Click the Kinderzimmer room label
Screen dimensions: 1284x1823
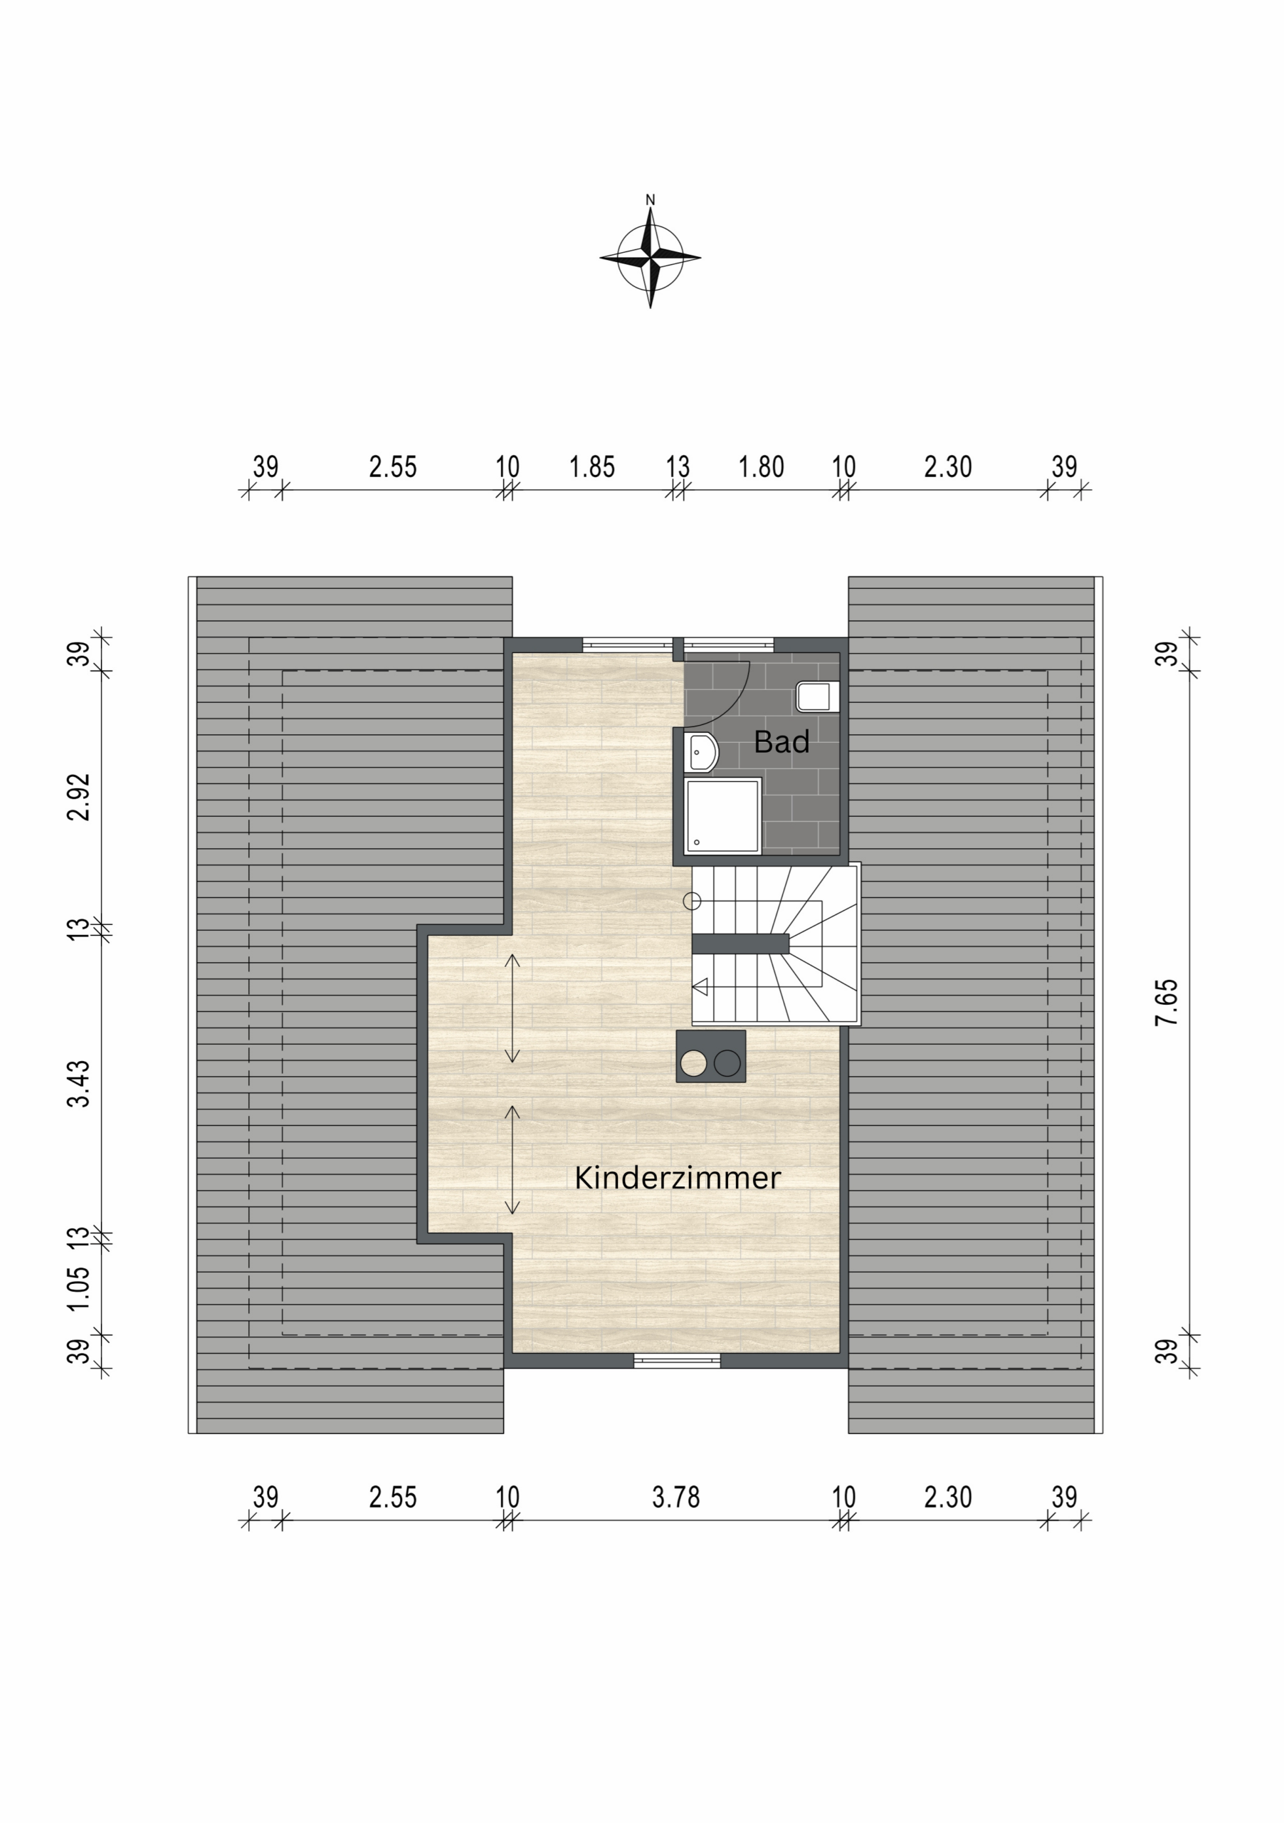click(x=677, y=1178)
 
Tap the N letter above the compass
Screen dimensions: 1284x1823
click(x=650, y=200)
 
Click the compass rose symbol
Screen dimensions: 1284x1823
click(x=650, y=257)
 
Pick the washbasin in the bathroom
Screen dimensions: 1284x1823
click(x=701, y=752)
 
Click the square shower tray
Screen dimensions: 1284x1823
click(x=723, y=816)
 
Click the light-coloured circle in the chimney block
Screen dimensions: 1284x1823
click(x=693, y=1063)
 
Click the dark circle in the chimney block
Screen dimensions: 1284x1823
click(x=727, y=1063)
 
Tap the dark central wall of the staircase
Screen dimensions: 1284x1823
click(x=740, y=944)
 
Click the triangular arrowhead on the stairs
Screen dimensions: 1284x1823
click(x=700, y=988)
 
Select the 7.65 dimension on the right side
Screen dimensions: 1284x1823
click(x=1167, y=1003)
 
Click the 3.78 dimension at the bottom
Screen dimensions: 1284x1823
click(x=676, y=1498)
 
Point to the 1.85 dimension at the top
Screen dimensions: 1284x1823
click(x=592, y=467)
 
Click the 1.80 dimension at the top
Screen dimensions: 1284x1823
click(x=761, y=467)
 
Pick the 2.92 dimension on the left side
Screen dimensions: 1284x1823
click(x=79, y=796)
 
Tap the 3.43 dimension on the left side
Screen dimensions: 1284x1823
click(x=79, y=1083)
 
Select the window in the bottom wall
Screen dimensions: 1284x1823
click(x=677, y=1361)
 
